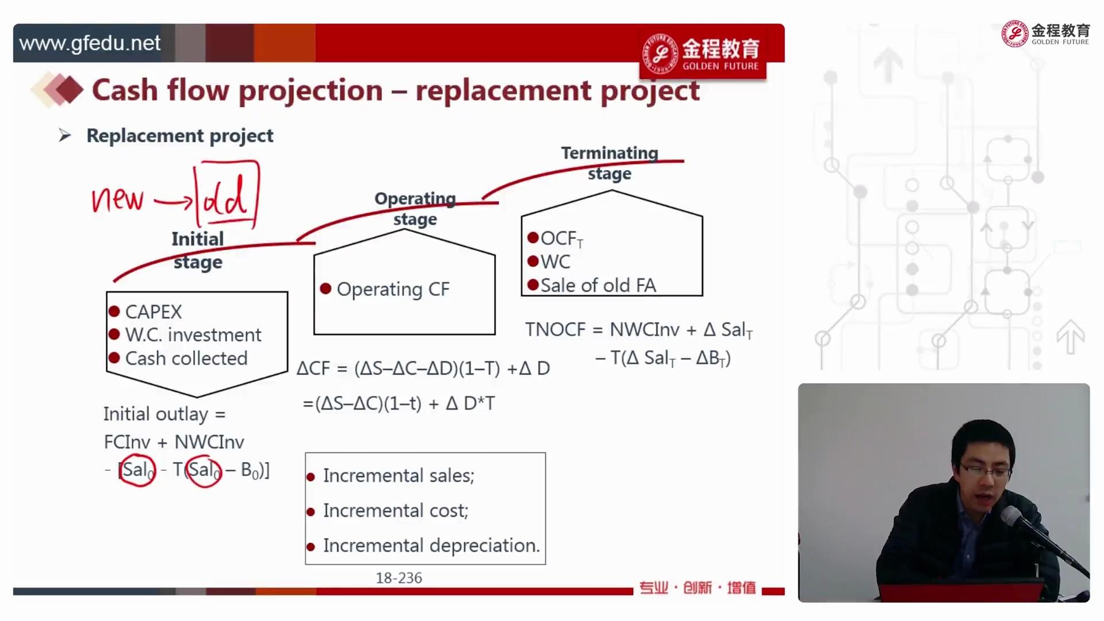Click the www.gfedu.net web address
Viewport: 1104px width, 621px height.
(90, 43)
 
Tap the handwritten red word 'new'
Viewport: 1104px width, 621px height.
(117, 200)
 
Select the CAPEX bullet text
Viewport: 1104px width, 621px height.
(153, 312)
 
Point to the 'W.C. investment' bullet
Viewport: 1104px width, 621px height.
(193, 335)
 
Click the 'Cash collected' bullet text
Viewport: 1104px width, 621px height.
(186, 358)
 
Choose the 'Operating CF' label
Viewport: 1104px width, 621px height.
(393, 289)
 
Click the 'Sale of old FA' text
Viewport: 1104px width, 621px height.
(598, 285)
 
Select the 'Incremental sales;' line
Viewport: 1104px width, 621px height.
(398, 476)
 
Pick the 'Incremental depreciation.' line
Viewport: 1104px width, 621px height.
(431, 545)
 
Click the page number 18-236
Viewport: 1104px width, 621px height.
(398, 578)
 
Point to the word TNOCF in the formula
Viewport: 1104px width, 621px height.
(555, 329)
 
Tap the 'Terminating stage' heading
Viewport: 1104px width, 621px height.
(609, 163)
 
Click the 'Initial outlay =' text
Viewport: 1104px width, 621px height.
(164, 414)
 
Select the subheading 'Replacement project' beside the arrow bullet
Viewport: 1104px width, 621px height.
(180, 136)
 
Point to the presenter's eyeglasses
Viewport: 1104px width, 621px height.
(984, 473)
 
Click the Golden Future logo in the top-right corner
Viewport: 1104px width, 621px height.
(1045, 34)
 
